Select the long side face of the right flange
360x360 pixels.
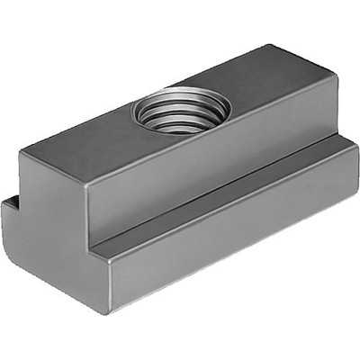click(234, 252)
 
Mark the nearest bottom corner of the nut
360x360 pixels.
click(112, 310)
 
